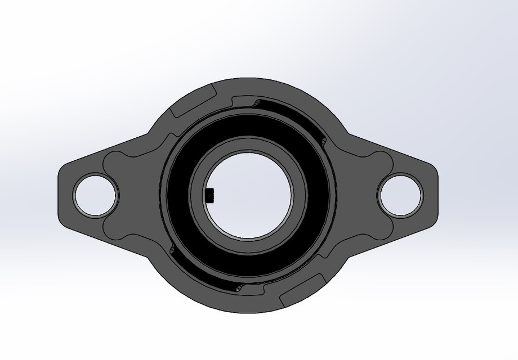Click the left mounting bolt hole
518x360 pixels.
pos(96,195)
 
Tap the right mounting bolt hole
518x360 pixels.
pos(401,195)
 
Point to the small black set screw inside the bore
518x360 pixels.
pos(211,195)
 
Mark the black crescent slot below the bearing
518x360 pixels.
pos(208,276)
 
